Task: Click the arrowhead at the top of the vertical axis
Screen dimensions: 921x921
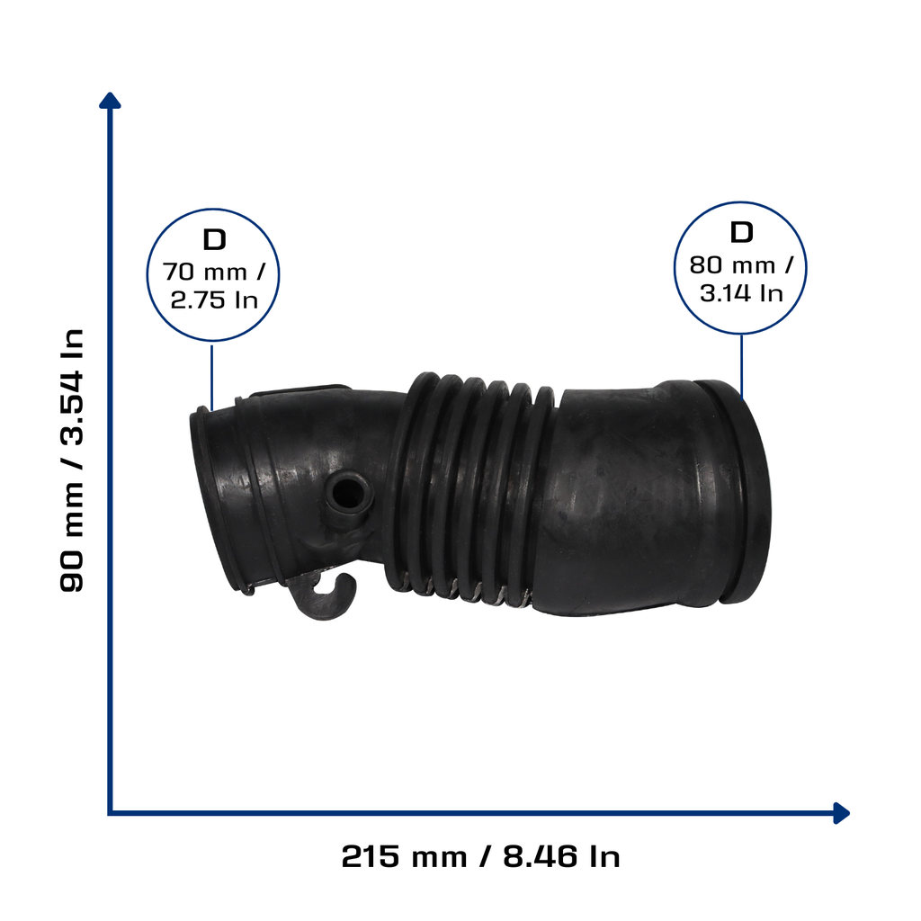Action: (x=110, y=100)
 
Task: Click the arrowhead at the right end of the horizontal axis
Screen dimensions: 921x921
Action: (x=841, y=813)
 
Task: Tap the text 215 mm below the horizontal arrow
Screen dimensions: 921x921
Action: (x=404, y=856)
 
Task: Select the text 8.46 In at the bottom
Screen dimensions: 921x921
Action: (x=561, y=856)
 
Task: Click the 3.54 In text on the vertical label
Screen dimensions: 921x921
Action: (x=72, y=388)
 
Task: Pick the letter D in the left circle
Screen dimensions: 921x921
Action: (x=214, y=239)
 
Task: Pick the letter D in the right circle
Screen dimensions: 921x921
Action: (x=741, y=233)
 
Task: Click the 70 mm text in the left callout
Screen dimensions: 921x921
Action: (x=205, y=272)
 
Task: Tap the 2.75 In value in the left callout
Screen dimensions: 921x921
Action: (x=214, y=300)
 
